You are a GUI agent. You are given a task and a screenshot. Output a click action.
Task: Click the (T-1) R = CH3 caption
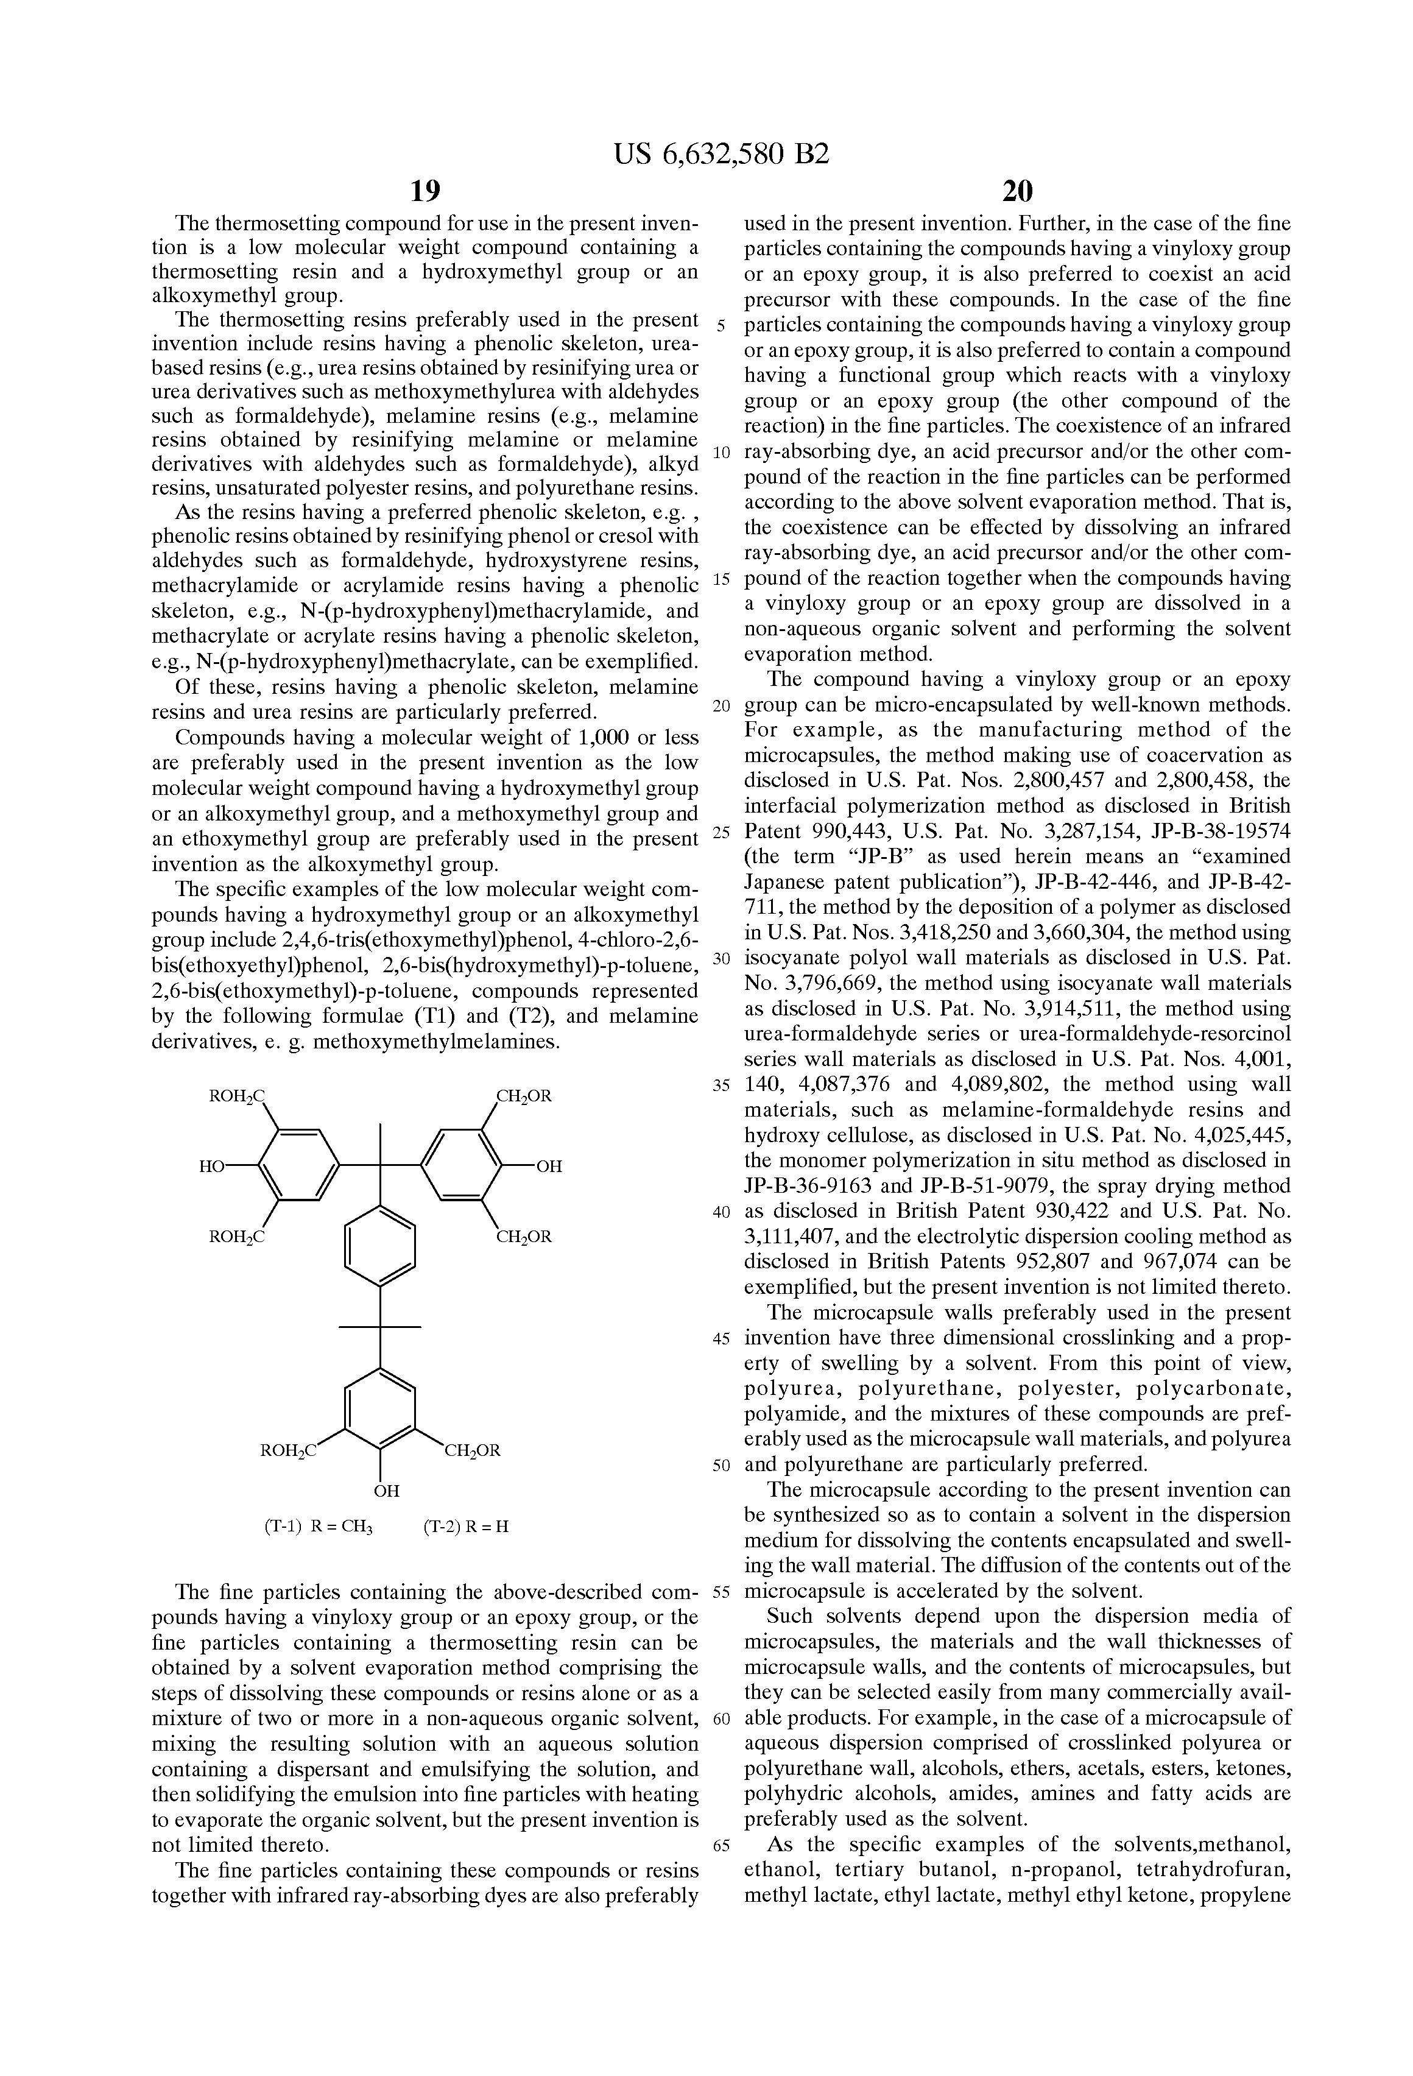[x=318, y=1527]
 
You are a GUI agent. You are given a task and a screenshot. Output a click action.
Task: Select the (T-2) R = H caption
[x=465, y=1527]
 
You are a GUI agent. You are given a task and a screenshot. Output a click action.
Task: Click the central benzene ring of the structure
[x=381, y=1245]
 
